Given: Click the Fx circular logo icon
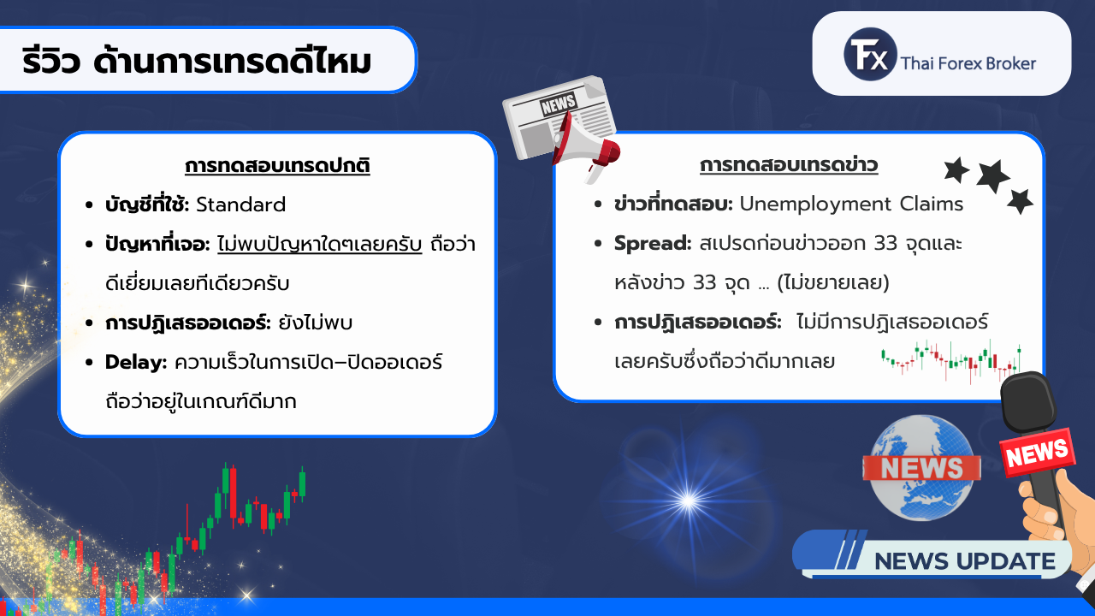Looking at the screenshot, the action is point(870,54).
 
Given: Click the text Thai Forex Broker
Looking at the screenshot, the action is point(968,63).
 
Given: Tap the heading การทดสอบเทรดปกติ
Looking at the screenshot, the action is point(277,166).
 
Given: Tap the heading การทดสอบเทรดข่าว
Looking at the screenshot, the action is point(789,165).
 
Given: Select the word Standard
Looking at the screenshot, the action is point(241,204).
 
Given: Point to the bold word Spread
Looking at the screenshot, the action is point(653,244).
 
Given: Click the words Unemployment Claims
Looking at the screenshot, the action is point(851,204).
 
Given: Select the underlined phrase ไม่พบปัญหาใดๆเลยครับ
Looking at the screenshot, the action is point(320,244).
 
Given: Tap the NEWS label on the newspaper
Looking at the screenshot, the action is point(559,104).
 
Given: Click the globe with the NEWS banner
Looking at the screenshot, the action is point(921,468).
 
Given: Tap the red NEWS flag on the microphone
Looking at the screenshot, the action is point(1038,453).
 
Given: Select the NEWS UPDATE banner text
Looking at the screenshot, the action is point(964,561).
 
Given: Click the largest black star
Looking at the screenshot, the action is point(992,176).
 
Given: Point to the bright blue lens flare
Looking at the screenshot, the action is point(689,500).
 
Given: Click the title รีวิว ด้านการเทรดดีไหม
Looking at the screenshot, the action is point(197,61).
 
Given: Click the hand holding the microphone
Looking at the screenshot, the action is point(1056,518).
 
